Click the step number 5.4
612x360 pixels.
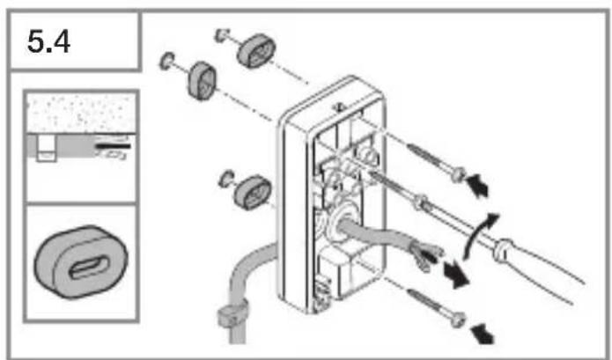pyautogui.click(x=48, y=41)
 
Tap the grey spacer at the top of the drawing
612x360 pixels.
pyautogui.click(x=255, y=51)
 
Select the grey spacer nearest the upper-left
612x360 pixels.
pyautogui.click(x=202, y=80)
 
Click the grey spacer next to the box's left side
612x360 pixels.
pyautogui.click(x=253, y=192)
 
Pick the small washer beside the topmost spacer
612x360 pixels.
pyautogui.click(x=222, y=35)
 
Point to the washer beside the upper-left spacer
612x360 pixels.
pyautogui.click(x=167, y=61)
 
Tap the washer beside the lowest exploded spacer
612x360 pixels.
pyautogui.click(x=226, y=178)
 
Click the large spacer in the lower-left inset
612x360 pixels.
pyautogui.click(x=81, y=262)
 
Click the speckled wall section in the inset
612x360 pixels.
pyautogui.click(x=81, y=114)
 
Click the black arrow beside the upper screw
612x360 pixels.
pyautogui.click(x=478, y=185)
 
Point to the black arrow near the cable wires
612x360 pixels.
pyautogui.click(x=456, y=275)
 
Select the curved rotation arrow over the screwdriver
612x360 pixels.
pyautogui.click(x=477, y=235)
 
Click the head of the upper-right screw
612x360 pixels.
pyautogui.click(x=458, y=174)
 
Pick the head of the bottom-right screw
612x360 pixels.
pyautogui.click(x=458, y=320)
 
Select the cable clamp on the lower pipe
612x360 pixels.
pyautogui.click(x=232, y=312)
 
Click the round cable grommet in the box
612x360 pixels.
pyautogui.click(x=341, y=223)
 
